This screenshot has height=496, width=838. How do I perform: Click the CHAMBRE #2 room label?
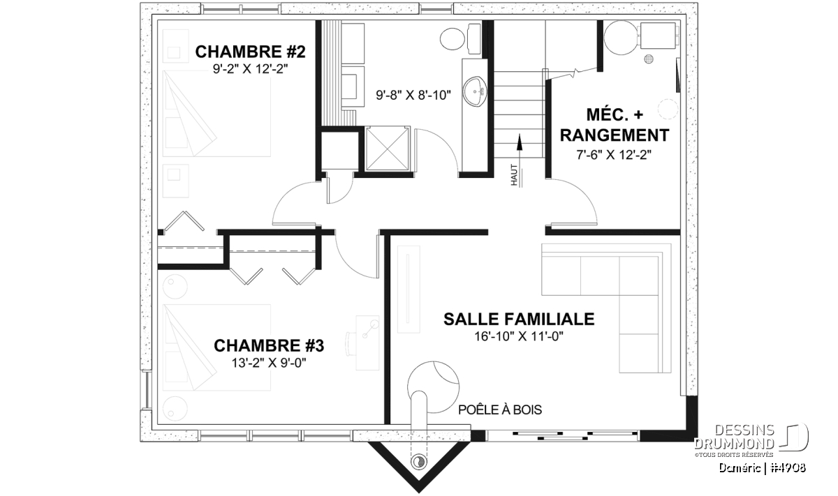(x=250, y=52)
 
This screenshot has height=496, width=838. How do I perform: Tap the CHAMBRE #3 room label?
(x=269, y=346)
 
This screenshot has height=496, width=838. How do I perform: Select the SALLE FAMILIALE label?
(x=519, y=320)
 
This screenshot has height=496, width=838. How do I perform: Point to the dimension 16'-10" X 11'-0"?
(x=519, y=337)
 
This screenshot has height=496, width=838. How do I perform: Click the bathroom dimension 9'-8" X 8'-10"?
(x=413, y=96)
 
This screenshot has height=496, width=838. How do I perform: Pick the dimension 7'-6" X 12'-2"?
(x=614, y=154)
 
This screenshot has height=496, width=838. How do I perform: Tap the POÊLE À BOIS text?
(x=500, y=410)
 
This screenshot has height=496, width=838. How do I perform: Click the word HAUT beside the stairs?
(x=514, y=175)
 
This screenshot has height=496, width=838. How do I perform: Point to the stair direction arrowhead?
(x=519, y=142)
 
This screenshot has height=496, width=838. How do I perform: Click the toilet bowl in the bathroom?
(x=453, y=38)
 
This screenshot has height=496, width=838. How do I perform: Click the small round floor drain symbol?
(x=649, y=59)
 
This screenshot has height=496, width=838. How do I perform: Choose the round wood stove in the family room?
(x=434, y=387)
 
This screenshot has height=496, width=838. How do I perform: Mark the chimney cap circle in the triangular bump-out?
(x=418, y=462)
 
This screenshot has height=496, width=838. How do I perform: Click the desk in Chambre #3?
(x=367, y=343)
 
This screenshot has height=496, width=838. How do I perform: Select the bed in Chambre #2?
(x=216, y=113)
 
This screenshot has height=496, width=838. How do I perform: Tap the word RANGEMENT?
(x=615, y=135)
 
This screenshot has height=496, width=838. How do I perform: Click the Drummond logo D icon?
(x=794, y=437)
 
